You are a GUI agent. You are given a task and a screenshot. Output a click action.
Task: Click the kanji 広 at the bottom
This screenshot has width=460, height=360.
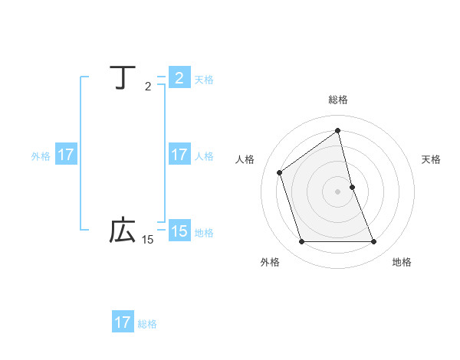[x=123, y=230]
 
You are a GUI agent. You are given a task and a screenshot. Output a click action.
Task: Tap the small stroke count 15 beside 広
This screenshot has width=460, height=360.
[x=147, y=240]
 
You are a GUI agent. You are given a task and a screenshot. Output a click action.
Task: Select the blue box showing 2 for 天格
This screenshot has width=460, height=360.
[x=179, y=78]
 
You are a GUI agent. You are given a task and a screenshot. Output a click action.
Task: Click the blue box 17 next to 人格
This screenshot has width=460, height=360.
[x=179, y=155]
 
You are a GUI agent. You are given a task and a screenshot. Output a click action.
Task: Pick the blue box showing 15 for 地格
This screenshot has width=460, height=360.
[x=179, y=231]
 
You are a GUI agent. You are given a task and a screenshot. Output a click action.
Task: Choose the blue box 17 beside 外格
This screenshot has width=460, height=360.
[x=65, y=155]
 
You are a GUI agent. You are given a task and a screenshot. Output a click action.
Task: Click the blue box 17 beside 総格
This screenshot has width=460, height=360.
[x=123, y=322]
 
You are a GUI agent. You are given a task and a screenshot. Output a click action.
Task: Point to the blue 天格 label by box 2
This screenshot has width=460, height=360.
[x=204, y=80]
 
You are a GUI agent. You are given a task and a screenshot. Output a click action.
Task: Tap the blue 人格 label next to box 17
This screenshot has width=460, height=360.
[x=204, y=156]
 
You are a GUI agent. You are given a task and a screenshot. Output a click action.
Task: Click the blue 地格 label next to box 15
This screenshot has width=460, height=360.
[x=204, y=233]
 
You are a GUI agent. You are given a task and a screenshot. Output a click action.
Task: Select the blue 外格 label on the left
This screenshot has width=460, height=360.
[x=41, y=156]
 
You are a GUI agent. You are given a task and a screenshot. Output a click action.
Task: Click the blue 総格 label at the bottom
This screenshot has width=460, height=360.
[x=147, y=324]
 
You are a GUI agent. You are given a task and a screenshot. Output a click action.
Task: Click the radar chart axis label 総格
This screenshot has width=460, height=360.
[x=338, y=100]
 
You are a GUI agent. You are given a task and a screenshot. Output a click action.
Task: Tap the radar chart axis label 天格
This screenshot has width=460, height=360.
[x=432, y=159]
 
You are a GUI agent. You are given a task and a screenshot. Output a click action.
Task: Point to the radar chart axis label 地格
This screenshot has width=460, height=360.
[x=402, y=262]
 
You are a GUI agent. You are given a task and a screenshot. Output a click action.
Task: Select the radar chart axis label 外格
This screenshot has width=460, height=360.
[x=270, y=262]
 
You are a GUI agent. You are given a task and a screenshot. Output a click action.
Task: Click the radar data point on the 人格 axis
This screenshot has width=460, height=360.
[x=280, y=172]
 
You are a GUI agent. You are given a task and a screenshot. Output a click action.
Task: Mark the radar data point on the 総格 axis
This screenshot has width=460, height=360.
[x=338, y=130]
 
